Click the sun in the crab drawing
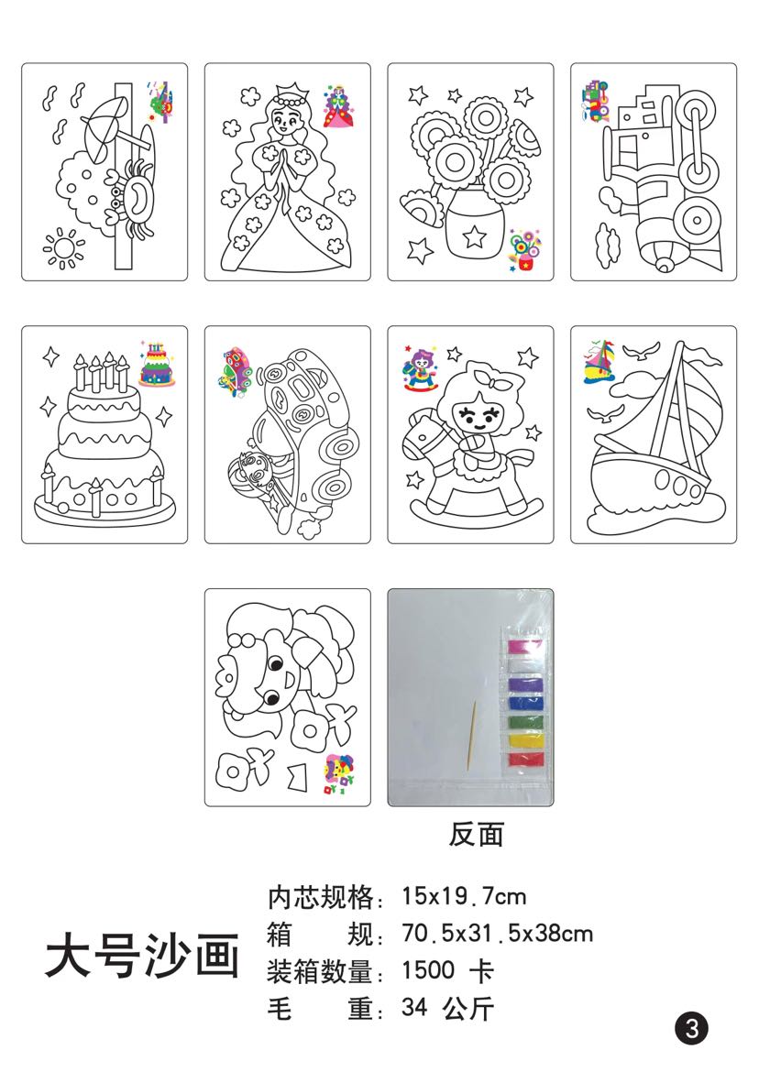[x=63, y=248]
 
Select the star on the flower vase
[x=473, y=236]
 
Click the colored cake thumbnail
[x=158, y=363]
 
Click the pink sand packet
[x=525, y=647]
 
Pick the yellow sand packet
[x=526, y=739]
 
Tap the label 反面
[x=476, y=834]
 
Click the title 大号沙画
[x=142, y=955]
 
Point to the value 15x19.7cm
[x=464, y=895]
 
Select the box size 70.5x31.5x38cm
[x=497, y=933]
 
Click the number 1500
[x=428, y=969]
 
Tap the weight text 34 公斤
[x=448, y=1007]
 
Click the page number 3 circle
[x=691, y=1027]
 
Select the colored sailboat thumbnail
[x=599, y=360]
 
